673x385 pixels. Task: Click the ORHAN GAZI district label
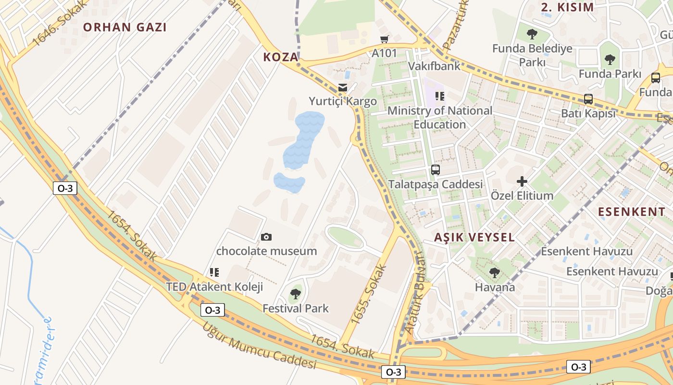coord(125,27)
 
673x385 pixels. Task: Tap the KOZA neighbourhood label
coord(281,57)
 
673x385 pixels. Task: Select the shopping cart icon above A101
coord(384,39)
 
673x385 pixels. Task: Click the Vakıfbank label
coord(434,66)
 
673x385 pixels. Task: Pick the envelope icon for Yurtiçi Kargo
coord(342,88)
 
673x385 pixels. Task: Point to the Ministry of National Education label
coord(440,117)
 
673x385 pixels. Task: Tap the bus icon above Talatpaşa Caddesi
coord(435,170)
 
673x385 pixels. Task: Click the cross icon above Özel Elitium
coord(522,182)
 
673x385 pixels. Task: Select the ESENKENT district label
coord(632,212)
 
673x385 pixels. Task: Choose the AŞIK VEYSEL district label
coord(474,237)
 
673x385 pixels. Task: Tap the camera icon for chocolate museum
coord(266,237)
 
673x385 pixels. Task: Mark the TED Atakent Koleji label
coord(214,287)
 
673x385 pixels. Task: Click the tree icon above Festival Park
coord(296,294)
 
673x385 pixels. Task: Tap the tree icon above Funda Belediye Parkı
coord(532,34)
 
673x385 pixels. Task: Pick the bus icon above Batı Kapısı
coord(588,99)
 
